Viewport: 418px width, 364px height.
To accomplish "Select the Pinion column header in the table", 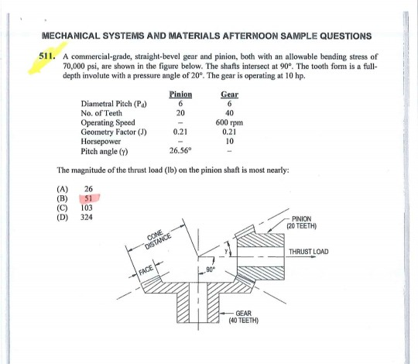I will pyautogui.click(x=179, y=94).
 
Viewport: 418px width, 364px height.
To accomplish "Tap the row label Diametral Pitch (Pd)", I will pyautogui.click(x=113, y=105).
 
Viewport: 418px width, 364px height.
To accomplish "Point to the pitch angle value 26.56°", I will pyautogui.click(x=179, y=150).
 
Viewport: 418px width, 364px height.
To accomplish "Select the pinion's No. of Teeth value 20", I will pyautogui.click(x=179, y=113).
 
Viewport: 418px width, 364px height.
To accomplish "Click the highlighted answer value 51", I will pyautogui.click(x=89, y=199).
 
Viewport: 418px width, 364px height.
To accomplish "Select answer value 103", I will pyautogui.click(x=87, y=208).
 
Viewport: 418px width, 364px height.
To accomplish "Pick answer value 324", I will pyautogui.click(x=87, y=217).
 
